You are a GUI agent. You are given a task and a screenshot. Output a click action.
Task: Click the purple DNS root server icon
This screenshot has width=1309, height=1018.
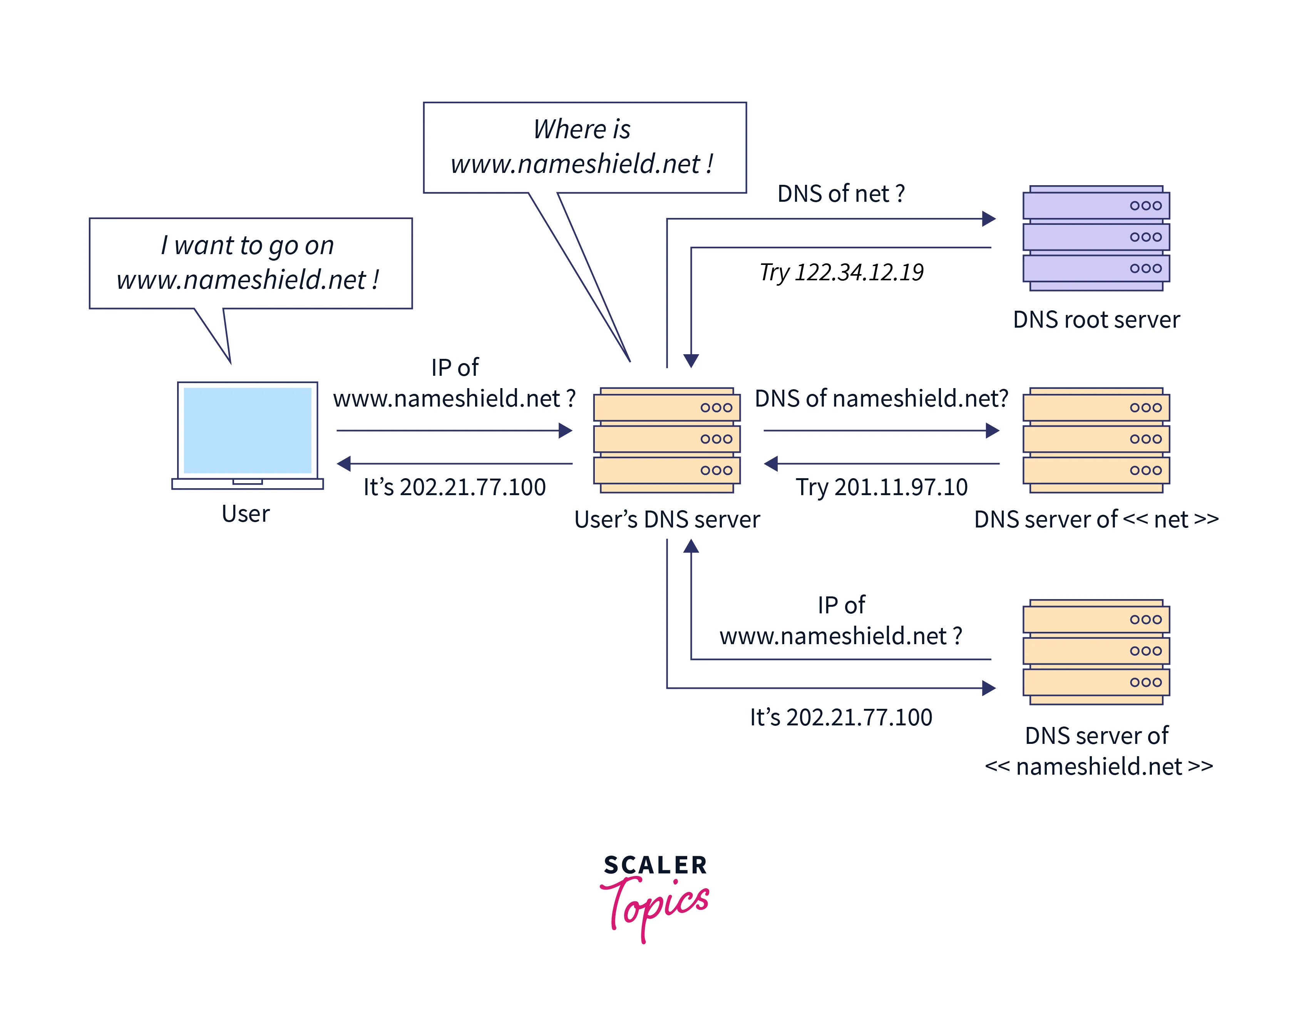(x=1096, y=238)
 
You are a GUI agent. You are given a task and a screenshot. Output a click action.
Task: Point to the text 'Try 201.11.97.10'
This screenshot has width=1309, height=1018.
(x=881, y=487)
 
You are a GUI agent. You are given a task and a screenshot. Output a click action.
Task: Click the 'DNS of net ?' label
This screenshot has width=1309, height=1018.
(x=840, y=194)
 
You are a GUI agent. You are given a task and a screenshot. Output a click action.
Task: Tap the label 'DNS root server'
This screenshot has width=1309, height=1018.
(x=1096, y=320)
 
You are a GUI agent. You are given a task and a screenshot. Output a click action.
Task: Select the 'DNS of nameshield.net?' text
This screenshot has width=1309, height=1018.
(x=881, y=398)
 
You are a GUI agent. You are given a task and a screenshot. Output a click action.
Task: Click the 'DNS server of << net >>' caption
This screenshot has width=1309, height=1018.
(x=1096, y=519)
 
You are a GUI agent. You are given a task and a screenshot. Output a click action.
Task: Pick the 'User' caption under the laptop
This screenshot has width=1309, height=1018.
(x=246, y=514)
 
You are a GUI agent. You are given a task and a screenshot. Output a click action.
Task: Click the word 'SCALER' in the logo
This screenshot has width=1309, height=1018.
(x=655, y=865)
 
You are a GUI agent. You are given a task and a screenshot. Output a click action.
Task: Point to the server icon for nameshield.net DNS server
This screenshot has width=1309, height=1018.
(x=1096, y=652)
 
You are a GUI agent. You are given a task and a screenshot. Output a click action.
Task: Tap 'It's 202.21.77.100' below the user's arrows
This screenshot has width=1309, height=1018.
(x=454, y=487)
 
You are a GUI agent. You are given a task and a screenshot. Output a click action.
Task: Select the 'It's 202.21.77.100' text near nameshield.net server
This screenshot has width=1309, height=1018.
(x=841, y=717)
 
